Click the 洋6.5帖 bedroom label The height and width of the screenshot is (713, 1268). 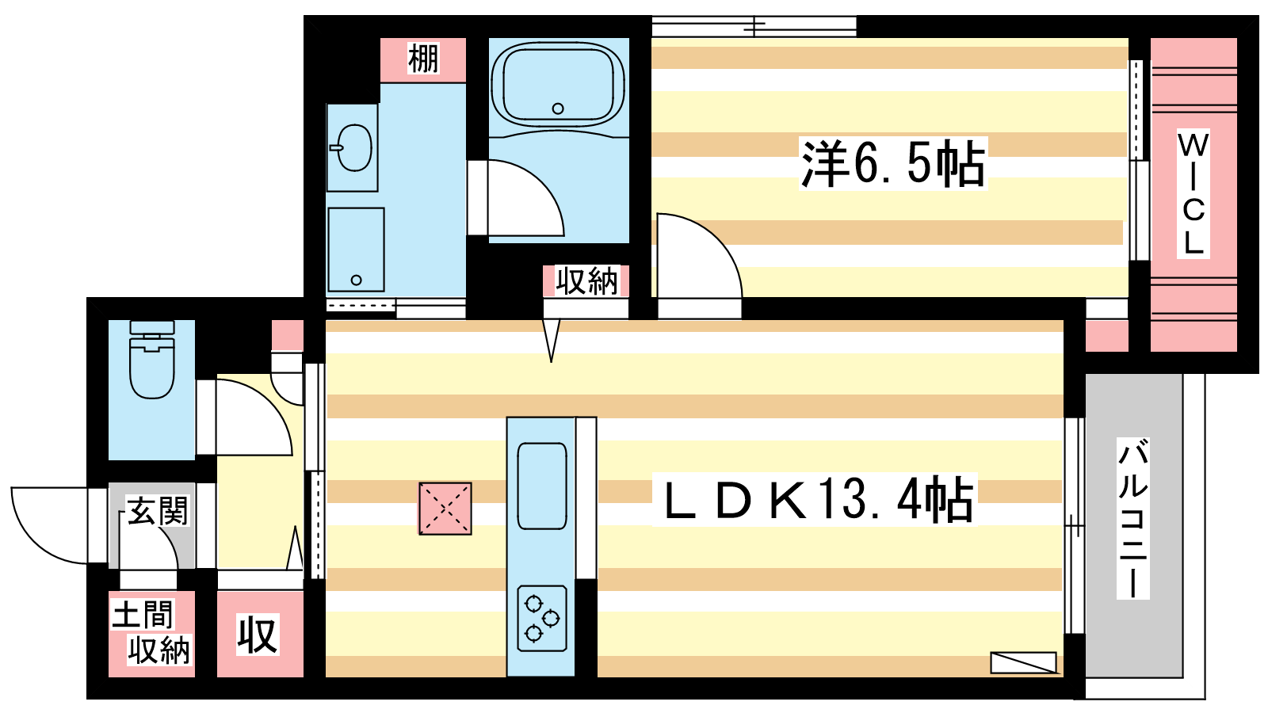point(892,163)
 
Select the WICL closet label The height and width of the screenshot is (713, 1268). point(1194,193)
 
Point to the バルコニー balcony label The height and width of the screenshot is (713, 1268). point(1132,518)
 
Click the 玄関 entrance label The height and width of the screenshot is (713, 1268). point(158,512)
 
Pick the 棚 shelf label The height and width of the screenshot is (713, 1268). point(423,59)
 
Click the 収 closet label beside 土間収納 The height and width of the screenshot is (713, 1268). point(258,635)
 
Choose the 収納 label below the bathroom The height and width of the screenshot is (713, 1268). point(586,280)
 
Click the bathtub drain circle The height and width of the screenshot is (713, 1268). point(558,108)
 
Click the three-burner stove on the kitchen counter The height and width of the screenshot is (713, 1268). point(542,618)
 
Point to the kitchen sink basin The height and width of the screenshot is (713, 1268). point(542,486)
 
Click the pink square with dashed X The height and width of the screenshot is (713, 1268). point(445,508)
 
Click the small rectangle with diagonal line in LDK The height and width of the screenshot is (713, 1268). point(1023,662)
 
